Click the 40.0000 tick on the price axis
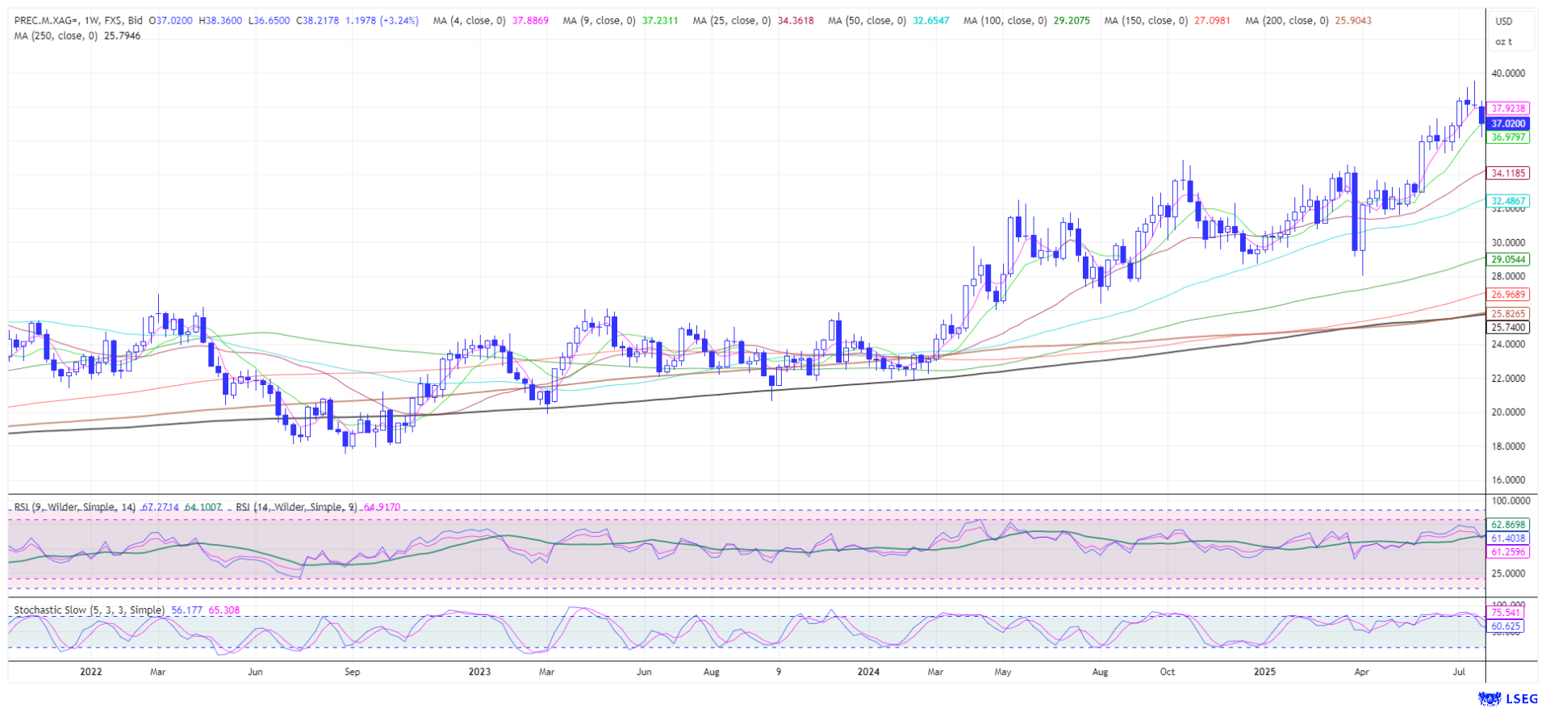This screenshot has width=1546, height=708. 1508,73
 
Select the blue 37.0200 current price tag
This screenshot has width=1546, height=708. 1508,124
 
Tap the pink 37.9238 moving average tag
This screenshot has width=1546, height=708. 1508,108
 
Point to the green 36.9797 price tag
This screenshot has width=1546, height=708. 1508,137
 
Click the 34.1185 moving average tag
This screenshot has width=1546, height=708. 1508,173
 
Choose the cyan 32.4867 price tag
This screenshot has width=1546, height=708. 1508,201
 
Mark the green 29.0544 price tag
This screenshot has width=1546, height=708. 1508,259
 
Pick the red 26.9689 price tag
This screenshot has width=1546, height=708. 1508,295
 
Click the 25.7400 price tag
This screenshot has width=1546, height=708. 1508,327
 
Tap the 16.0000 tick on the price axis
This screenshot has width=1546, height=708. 1508,480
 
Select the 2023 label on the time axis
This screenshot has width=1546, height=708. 479,672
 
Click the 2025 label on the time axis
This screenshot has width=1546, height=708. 1264,672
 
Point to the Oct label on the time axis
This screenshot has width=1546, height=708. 1167,672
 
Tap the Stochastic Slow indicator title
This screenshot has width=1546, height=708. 90,610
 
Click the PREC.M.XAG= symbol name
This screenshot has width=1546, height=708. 47,21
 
